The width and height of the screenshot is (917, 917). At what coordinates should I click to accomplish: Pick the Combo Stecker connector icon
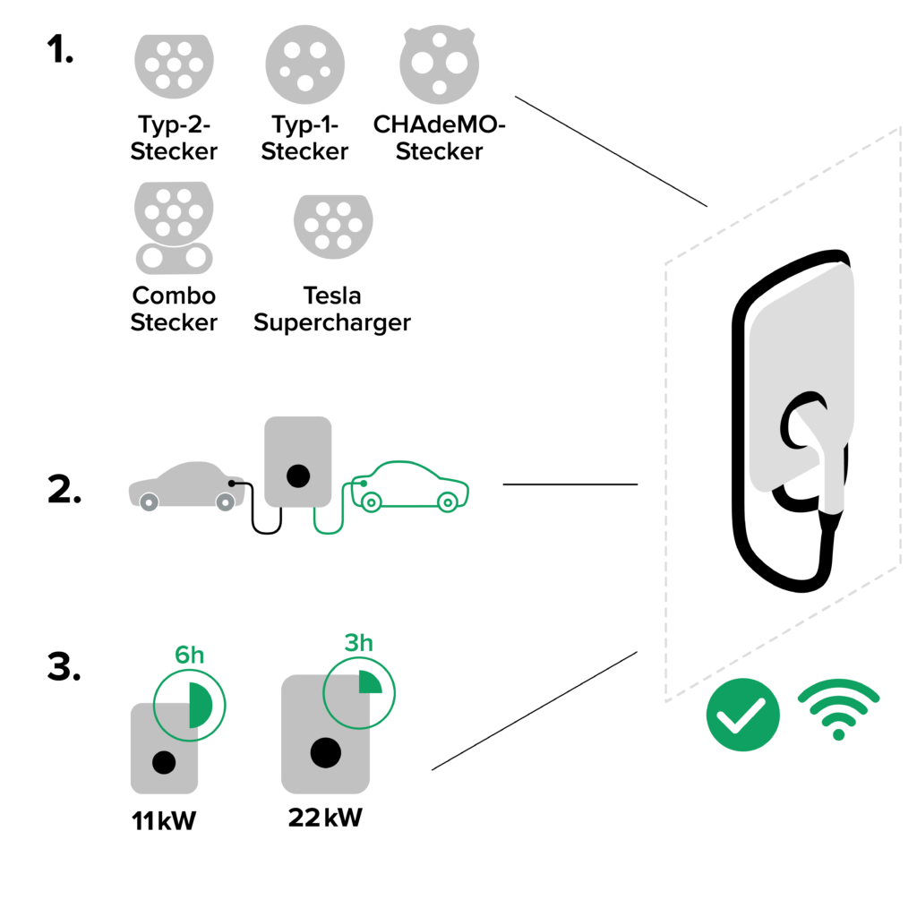point(174,229)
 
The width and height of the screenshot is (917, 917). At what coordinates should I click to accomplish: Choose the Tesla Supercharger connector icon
point(332,227)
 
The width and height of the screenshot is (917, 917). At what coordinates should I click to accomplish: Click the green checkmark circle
point(742,714)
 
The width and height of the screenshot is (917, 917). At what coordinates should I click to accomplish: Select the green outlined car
point(410,488)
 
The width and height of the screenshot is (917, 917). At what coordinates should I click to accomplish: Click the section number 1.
point(60,51)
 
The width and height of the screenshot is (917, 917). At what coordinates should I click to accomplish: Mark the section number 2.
point(64,491)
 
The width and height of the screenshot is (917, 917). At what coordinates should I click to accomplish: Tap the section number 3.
point(64,667)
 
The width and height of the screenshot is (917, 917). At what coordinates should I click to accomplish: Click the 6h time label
point(189,656)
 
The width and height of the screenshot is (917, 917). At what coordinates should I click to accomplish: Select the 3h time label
point(358,643)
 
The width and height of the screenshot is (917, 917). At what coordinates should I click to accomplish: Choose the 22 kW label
point(325,818)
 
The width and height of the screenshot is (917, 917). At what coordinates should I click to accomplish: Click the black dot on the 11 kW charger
point(164,762)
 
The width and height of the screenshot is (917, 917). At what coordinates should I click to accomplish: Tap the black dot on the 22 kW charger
point(325,753)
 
